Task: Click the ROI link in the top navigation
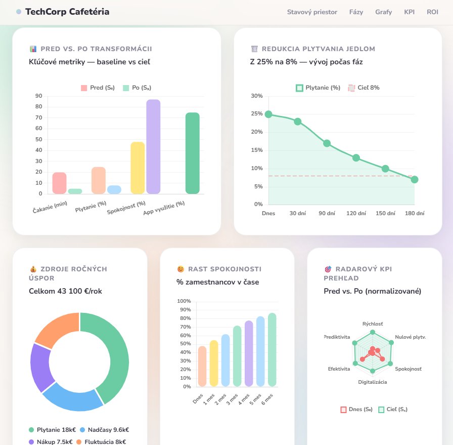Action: tap(432, 12)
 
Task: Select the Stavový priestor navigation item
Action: tap(312, 12)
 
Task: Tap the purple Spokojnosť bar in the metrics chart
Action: tap(153, 146)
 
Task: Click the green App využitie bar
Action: tap(192, 153)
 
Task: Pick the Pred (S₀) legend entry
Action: tap(98, 88)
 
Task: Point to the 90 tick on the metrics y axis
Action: tap(39, 96)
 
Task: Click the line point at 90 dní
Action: tap(327, 143)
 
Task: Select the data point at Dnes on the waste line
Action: tap(268, 114)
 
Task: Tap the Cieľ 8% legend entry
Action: tap(364, 88)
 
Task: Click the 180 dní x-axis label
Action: tap(415, 214)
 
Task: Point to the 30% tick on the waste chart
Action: tap(256, 96)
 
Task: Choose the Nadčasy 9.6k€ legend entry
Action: tap(106, 430)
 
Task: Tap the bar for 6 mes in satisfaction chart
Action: tap(272, 349)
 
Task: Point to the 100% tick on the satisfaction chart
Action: tap(184, 301)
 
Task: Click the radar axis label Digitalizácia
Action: tap(373, 382)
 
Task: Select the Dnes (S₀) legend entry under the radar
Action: tap(356, 410)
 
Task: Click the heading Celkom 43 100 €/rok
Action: tap(65, 291)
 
